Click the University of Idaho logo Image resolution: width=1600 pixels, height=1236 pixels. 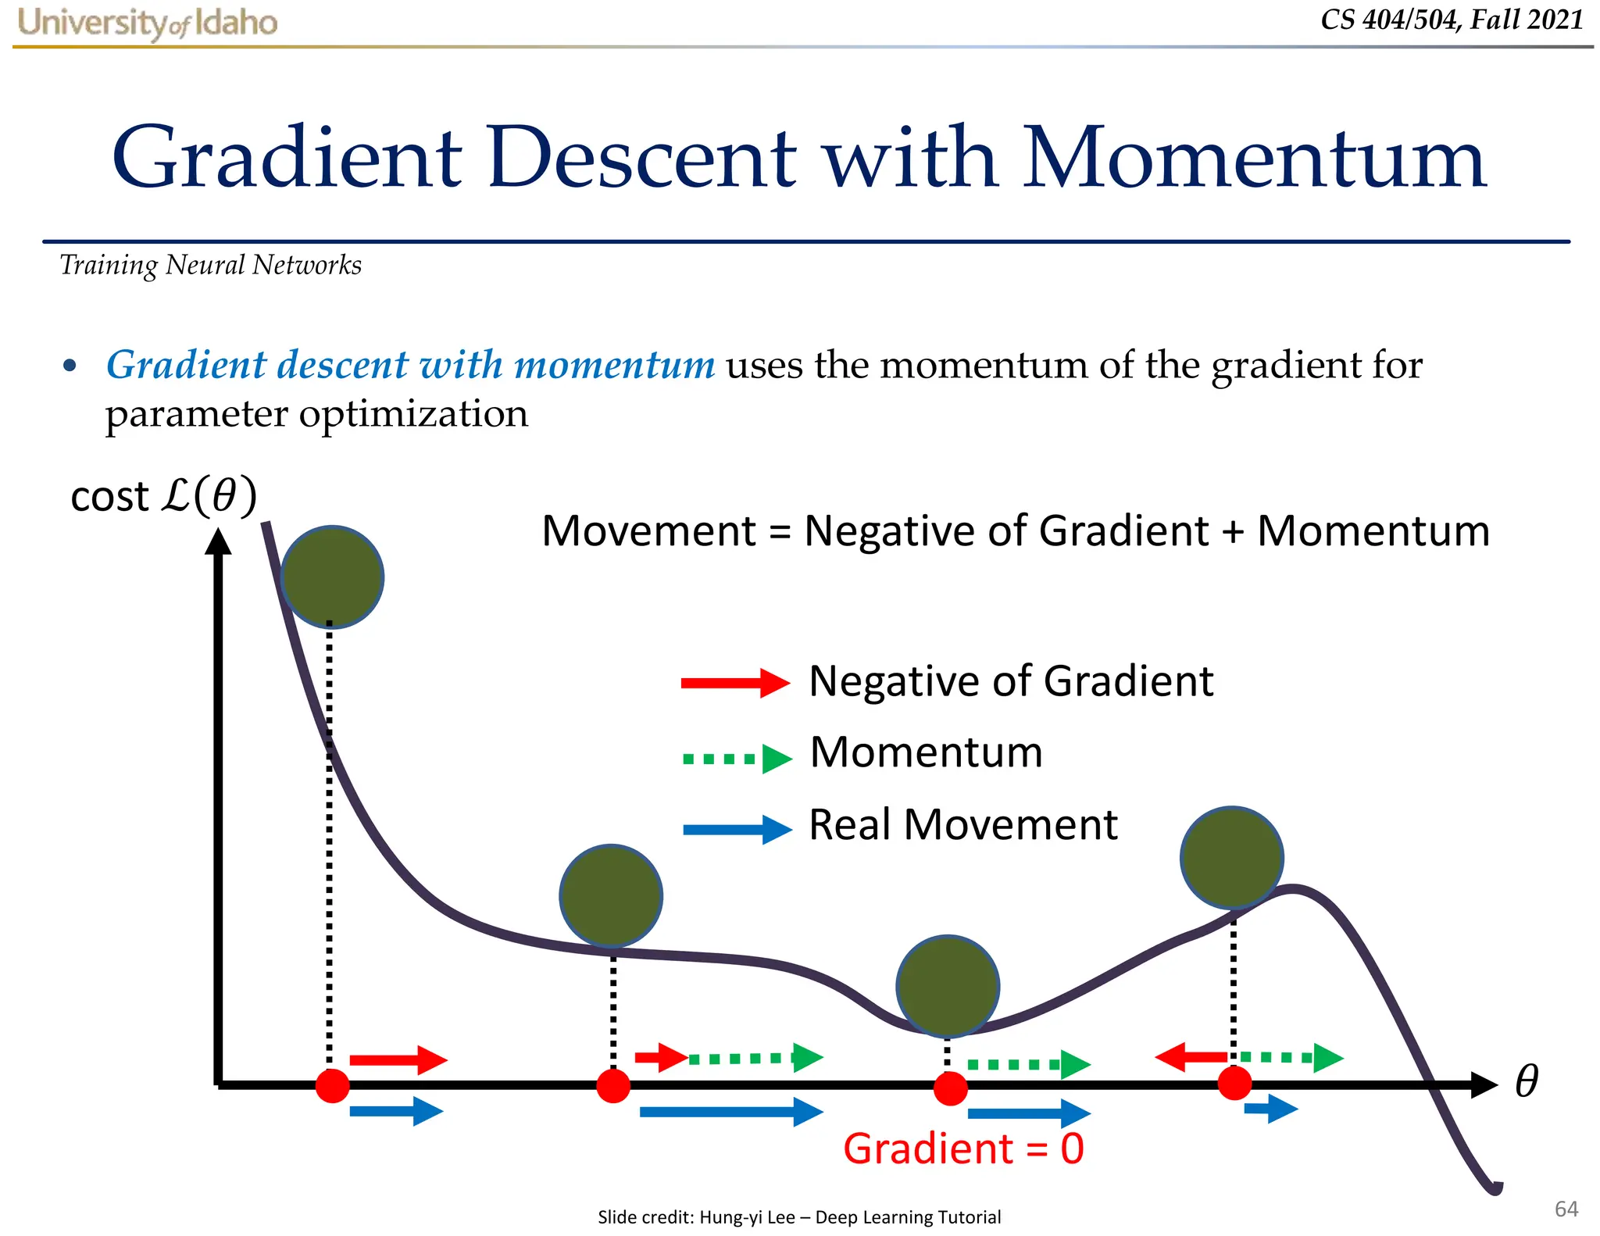pyautogui.click(x=148, y=23)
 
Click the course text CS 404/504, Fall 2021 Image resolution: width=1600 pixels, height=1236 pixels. pyautogui.click(x=1452, y=20)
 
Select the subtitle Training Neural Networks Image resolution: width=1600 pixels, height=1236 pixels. pyautogui.click(x=210, y=266)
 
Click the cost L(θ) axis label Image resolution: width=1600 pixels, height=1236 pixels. pyautogui.click(x=163, y=496)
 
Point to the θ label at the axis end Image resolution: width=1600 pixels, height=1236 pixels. pyautogui.click(x=1526, y=1081)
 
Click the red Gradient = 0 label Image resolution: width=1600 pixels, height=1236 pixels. pyautogui.click(x=963, y=1148)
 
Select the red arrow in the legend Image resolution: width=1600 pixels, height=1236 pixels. pyautogui.click(x=734, y=683)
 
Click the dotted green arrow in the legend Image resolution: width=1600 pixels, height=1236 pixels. pyautogui.click(x=737, y=758)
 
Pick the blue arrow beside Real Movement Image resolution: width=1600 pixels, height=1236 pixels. pyautogui.click(x=737, y=829)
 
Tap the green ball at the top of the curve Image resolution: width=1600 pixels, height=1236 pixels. pyautogui.click(x=332, y=577)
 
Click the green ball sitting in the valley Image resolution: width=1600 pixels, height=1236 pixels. pyautogui.click(x=948, y=986)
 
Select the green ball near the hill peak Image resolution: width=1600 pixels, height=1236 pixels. pyautogui.click(x=1232, y=857)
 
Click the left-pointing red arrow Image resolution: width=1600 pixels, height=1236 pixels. pyautogui.click(x=1191, y=1057)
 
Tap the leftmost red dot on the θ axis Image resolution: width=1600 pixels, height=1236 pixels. pyautogui.click(x=332, y=1086)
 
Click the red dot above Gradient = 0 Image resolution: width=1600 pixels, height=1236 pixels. pyautogui.click(x=951, y=1088)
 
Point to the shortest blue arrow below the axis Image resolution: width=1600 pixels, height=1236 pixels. pyautogui.click(x=1270, y=1108)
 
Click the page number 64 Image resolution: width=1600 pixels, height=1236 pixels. pyautogui.click(x=1566, y=1209)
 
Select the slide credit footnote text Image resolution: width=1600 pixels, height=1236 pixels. pyautogui.click(x=798, y=1216)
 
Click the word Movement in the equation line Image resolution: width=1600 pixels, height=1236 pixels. pyautogui.click(x=649, y=531)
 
